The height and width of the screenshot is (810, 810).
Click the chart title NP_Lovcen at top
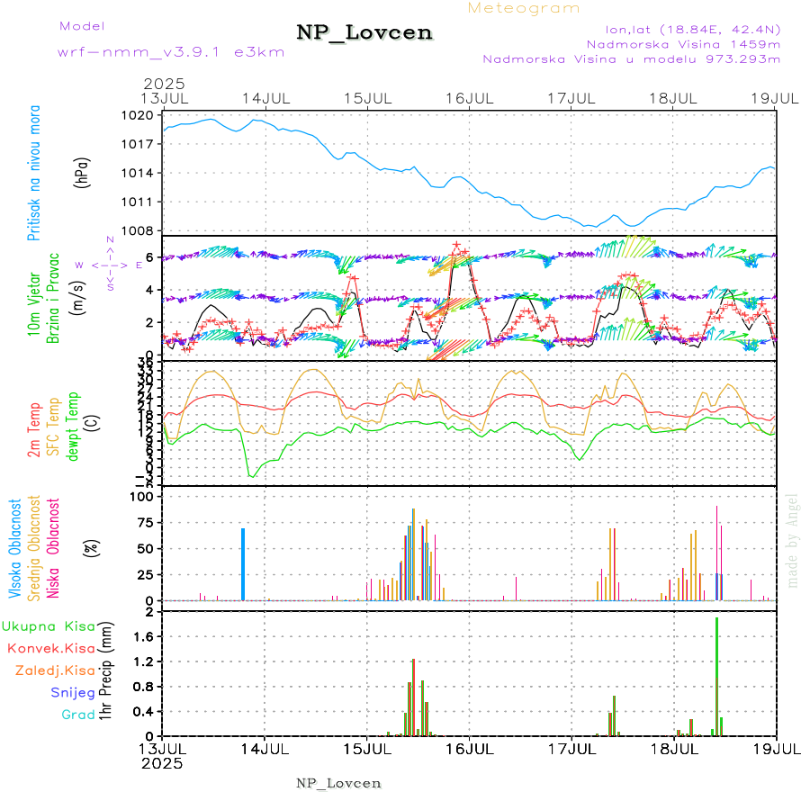point(364,33)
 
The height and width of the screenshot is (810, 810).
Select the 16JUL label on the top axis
point(469,97)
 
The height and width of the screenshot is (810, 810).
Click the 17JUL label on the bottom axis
point(571,748)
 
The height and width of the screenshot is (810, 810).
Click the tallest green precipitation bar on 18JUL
point(716,675)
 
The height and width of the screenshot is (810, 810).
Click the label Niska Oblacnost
point(53,547)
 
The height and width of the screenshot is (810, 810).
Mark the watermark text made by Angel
point(793,540)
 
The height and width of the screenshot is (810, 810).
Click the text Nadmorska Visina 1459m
point(683,43)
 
